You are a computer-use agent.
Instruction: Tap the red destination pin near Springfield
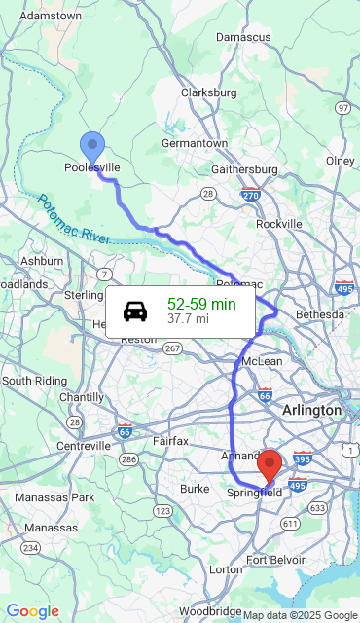(270, 464)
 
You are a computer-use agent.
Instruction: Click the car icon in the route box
(135, 311)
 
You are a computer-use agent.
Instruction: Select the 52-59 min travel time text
(201, 304)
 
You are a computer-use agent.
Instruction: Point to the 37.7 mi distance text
(188, 318)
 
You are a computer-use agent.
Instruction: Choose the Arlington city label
(311, 411)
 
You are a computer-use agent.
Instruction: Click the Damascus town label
(243, 36)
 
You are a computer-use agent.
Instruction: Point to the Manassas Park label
(54, 497)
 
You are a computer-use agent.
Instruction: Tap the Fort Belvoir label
(275, 560)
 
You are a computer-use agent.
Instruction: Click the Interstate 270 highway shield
(251, 195)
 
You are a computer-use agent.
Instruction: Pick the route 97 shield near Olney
(342, 107)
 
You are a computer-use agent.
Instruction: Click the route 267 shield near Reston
(172, 348)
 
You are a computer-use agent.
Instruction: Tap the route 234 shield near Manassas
(31, 548)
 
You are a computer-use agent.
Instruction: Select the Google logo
(32, 610)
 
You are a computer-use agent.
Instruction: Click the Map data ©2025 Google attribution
(300, 615)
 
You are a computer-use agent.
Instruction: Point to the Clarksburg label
(209, 92)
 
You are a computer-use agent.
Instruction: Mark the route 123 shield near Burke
(162, 510)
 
